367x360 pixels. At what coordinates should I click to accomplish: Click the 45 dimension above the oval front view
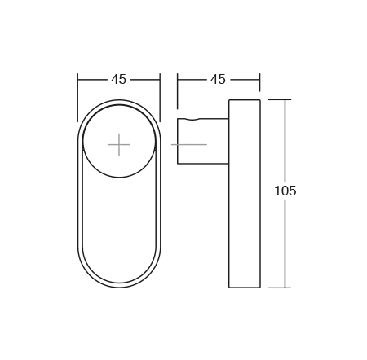[x=119, y=79]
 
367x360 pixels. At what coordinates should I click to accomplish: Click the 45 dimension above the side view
[x=218, y=79]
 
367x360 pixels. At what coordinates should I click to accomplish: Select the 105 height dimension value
[x=285, y=191]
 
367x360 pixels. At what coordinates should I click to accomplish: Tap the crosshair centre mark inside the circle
[x=119, y=144]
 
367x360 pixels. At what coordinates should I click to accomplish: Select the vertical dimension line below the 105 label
[x=285, y=244]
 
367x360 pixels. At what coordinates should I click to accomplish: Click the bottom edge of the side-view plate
[x=245, y=288]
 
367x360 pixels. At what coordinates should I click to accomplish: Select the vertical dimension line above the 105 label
[x=285, y=138]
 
